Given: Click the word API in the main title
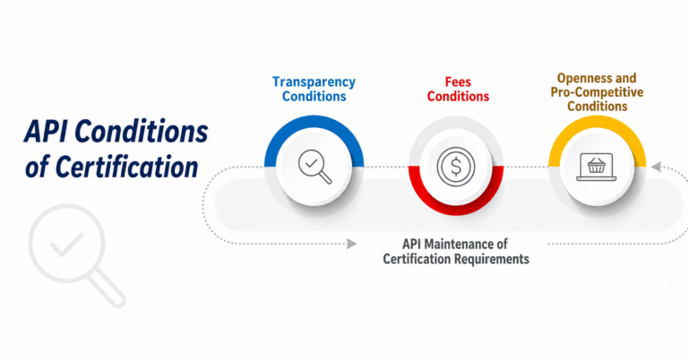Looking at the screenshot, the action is point(46,132).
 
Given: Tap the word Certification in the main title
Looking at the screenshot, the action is point(127,167).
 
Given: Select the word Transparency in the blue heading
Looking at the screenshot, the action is point(314,82).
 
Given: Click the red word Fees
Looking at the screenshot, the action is point(458,82).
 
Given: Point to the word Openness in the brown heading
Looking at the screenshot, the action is point(580,78).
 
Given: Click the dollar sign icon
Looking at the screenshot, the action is point(456,167).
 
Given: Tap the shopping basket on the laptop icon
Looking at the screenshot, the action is point(597,165).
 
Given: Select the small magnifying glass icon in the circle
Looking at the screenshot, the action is point(314,167).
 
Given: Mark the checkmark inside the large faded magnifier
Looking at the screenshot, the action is point(66,244).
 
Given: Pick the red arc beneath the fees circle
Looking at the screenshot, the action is point(456,208).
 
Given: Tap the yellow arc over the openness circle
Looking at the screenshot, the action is point(597,124).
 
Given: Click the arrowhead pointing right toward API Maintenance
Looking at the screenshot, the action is point(351,244).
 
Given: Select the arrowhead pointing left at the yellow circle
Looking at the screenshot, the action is point(657,167).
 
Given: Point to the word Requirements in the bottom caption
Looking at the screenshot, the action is point(493,259).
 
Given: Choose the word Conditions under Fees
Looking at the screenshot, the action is point(458,97).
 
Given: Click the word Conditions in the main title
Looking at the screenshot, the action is point(142,132).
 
